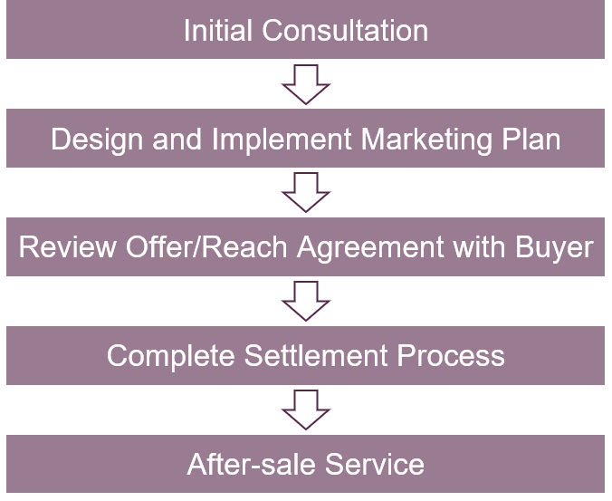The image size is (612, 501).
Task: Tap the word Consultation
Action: [x=345, y=30]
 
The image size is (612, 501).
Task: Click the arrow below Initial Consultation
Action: [x=306, y=84]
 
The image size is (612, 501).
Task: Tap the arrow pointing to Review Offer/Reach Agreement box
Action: [x=306, y=193]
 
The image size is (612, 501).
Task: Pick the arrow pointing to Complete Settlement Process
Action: [x=306, y=302]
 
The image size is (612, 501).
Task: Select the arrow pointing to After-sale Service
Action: [x=306, y=409]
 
